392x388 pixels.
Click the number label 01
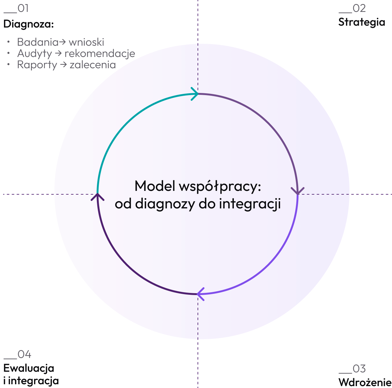click(x=23, y=8)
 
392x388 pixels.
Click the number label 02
click(x=359, y=8)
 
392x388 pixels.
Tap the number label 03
click(x=359, y=369)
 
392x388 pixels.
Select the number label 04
click(x=24, y=354)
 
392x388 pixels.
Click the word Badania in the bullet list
click(x=38, y=42)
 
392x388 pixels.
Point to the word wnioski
click(x=86, y=42)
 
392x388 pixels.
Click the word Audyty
click(x=34, y=54)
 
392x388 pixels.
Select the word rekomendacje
click(x=100, y=54)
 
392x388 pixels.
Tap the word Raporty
click(x=37, y=65)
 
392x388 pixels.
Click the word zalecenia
click(x=93, y=65)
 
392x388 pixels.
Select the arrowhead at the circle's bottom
click(x=200, y=294)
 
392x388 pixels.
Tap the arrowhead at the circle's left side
click(x=98, y=197)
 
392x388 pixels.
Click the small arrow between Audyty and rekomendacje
click(x=58, y=54)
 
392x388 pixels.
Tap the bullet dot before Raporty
click(x=9, y=64)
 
